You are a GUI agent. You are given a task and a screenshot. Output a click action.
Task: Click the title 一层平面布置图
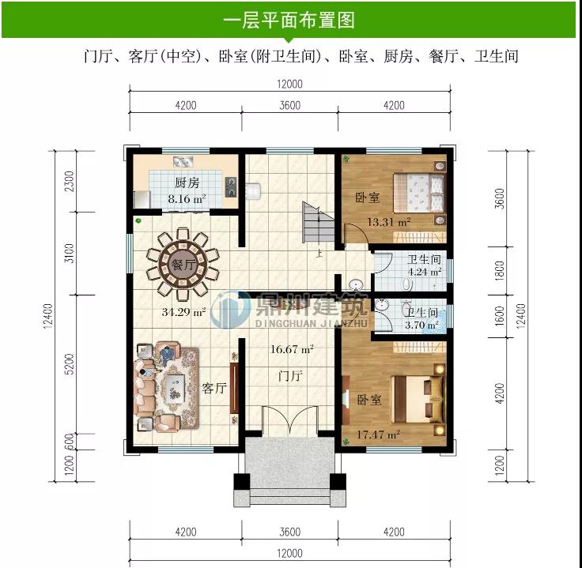pos(289,20)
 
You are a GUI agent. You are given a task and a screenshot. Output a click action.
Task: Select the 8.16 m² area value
pos(187,199)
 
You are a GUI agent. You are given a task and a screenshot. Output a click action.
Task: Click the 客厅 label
pos(215,388)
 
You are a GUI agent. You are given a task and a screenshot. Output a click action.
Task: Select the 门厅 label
pos(290,376)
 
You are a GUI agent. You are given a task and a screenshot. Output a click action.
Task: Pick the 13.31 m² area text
pos(387,222)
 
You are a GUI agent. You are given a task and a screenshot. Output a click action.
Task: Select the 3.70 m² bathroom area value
pos(421,325)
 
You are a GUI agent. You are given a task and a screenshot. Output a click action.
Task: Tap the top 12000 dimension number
pos(289,85)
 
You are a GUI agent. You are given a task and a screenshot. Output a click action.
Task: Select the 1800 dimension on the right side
pos(499,272)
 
